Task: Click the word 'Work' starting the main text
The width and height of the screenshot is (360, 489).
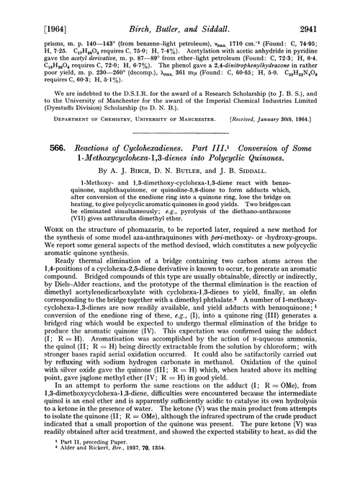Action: tap(32, 269)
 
